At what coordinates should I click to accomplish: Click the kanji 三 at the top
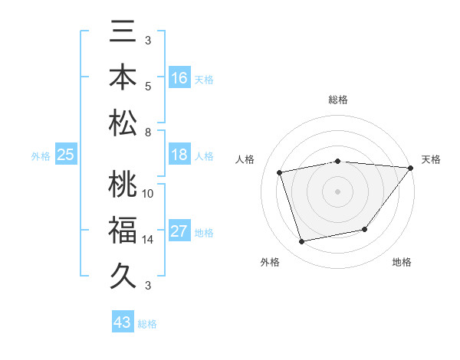pos(123,34)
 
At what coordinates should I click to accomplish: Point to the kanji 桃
pos(123,185)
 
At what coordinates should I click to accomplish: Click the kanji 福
pos(123,229)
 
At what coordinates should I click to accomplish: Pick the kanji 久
pos(123,273)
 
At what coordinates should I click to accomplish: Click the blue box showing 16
pos(179,78)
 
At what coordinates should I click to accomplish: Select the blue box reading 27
pos(179,232)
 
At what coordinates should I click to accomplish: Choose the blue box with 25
pos(66,155)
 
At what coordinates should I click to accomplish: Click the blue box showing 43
pos(123,322)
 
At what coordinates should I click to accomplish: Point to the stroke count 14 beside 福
pos(148,239)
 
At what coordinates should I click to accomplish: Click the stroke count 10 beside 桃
pos(148,193)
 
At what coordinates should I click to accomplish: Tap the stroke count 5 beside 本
pos(148,85)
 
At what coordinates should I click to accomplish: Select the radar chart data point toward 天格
pos(410,168)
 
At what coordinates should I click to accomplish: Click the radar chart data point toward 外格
pos(302,242)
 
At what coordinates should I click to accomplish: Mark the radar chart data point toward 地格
pos(366,229)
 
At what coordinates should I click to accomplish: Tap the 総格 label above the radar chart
pos(337,100)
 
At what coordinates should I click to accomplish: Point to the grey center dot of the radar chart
pos(337,191)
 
